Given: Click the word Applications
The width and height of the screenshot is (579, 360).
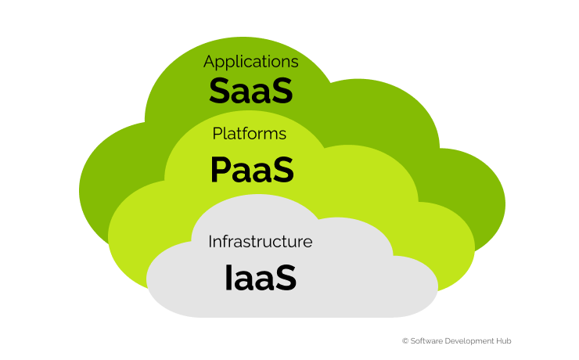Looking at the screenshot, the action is tap(250, 62).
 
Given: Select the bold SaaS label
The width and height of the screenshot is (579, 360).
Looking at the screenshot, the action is tap(251, 91).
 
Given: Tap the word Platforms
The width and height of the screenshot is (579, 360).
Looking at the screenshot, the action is tap(250, 133).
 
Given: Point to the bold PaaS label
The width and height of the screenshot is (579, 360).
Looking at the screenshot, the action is tap(252, 170).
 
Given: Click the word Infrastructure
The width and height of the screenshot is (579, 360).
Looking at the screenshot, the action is tap(261, 242).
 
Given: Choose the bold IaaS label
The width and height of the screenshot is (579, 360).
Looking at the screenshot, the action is tap(261, 278).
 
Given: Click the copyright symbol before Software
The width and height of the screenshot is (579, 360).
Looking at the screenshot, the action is tap(405, 340).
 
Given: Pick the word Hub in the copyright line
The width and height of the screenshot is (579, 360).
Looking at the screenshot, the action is tap(504, 340).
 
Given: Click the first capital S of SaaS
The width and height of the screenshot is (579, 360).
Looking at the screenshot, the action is tap(218, 91).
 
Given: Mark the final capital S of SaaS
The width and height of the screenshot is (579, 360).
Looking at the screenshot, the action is tap(284, 91).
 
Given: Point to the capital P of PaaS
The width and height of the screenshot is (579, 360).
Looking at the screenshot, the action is tap(221, 170).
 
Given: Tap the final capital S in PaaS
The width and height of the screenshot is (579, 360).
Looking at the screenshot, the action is tap(285, 170).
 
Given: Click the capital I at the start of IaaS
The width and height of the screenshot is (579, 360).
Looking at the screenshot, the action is tap(228, 278).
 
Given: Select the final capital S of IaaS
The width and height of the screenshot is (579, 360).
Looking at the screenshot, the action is tap(287, 278).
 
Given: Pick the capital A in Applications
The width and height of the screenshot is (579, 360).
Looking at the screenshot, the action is tap(209, 61).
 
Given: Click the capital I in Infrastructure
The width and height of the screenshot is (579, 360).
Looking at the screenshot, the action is tap(210, 242).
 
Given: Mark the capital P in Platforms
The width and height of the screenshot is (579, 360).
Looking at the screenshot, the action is tap(218, 133).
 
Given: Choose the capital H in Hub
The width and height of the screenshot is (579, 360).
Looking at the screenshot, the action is tap(499, 340).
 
